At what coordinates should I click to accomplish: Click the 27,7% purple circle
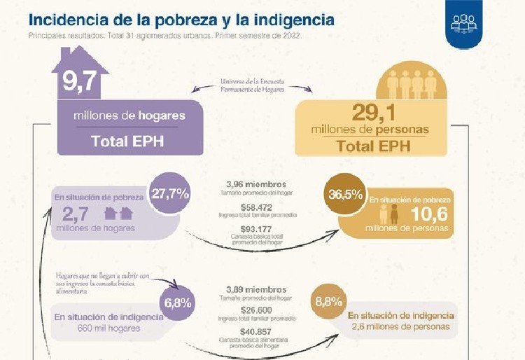(169, 193)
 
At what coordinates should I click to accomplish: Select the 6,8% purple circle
(178, 303)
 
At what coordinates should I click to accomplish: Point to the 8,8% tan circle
(329, 302)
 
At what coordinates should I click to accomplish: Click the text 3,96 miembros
(256, 184)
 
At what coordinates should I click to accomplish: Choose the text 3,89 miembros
(256, 289)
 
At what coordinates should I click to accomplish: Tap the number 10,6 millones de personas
(424, 214)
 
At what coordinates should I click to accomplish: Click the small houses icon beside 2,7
(118, 214)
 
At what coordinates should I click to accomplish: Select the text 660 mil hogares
(109, 328)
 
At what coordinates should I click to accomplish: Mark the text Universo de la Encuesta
(254, 81)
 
